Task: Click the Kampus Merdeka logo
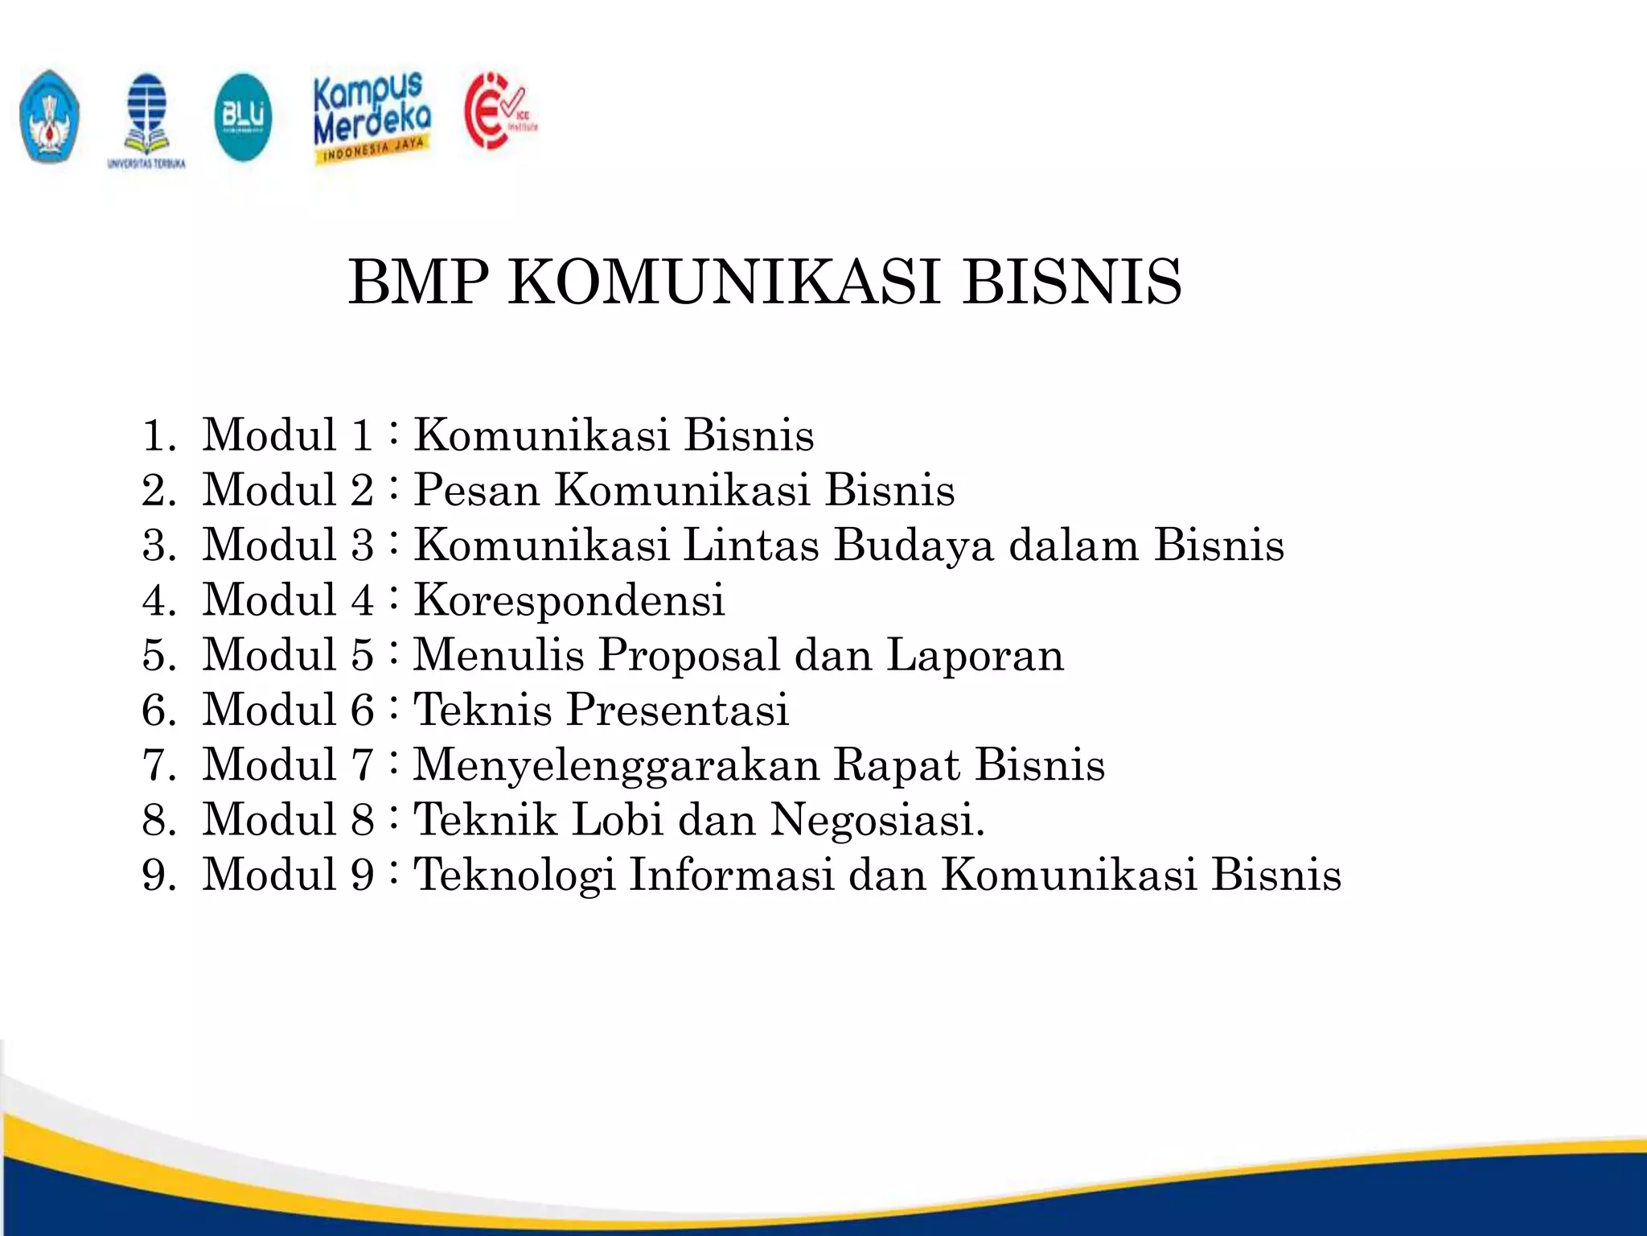click(x=372, y=117)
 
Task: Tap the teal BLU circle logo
click(x=243, y=117)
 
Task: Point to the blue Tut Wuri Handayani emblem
click(x=50, y=117)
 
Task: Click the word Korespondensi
click(x=569, y=600)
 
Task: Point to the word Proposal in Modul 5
click(x=688, y=654)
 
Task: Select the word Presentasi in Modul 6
click(x=678, y=710)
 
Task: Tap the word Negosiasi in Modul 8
click(x=877, y=820)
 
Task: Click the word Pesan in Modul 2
click(x=476, y=490)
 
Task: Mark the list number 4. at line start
click(x=159, y=600)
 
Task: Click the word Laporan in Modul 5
click(x=975, y=654)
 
